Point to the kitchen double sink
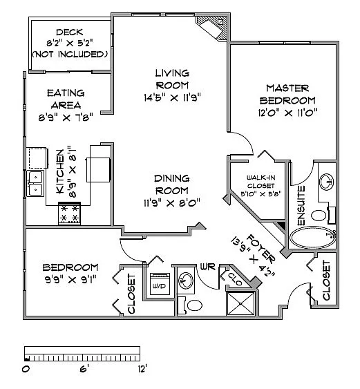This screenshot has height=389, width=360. tap(35, 183)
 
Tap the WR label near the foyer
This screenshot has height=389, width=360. tap(206, 267)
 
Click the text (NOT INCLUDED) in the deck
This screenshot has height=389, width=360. tap(69, 53)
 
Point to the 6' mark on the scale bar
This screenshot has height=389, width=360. tap(83, 368)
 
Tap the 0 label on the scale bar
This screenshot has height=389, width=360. tap(26, 368)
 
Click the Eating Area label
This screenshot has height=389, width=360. tap(66, 98)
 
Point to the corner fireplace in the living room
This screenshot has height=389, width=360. tap(211, 28)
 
